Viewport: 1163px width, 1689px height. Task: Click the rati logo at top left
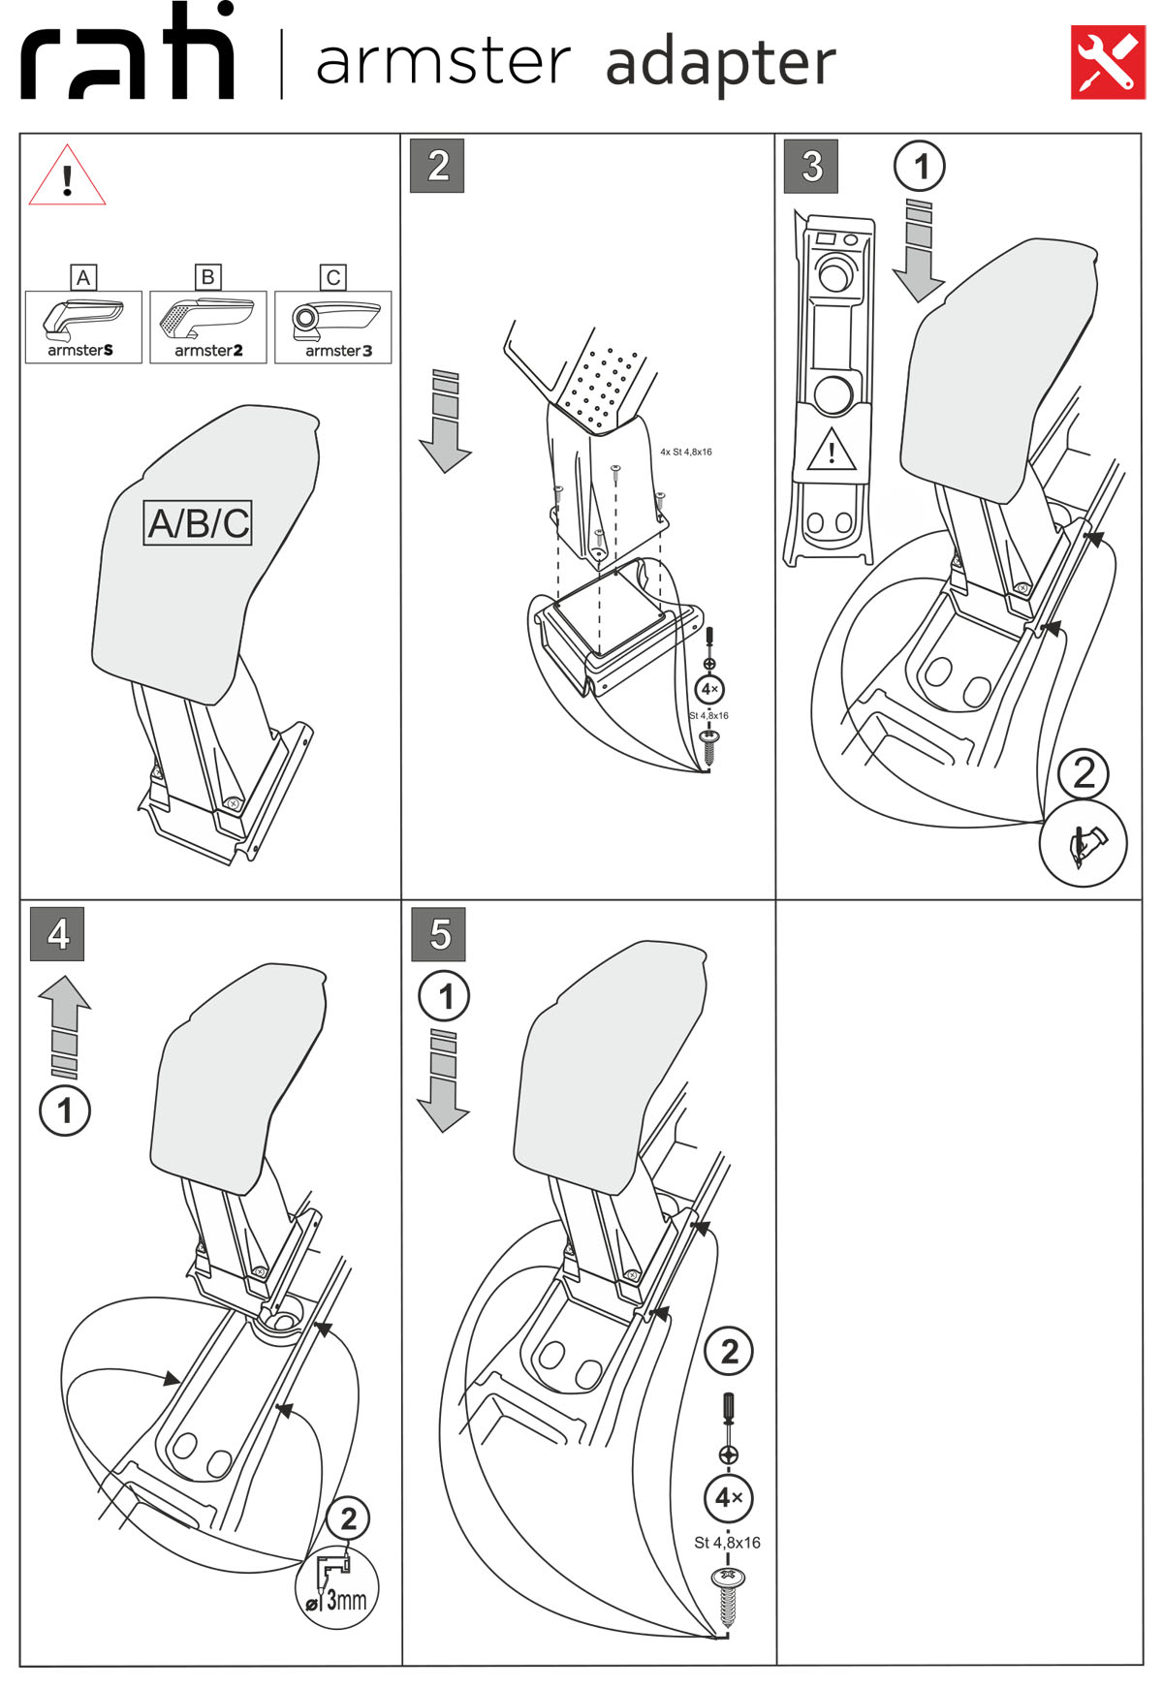click(x=127, y=53)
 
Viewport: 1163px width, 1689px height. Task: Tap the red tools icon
click(x=1107, y=62)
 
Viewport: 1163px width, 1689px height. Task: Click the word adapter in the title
click(x=719, y=64)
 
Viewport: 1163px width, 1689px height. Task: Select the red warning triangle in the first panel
click(x=67, y=178)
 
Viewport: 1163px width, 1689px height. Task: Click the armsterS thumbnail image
click(x=83, y=328)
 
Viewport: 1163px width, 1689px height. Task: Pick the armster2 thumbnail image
click(x=208, y=328)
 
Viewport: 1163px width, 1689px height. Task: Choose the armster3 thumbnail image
click(x=333, y=328)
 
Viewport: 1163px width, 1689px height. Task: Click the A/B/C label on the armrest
click(x=198, y=523)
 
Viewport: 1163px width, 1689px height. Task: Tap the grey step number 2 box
click(x=437, y=166)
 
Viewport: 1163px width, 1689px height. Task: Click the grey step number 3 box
click(x=811, y=166)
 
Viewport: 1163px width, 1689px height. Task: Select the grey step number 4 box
click(x=57, y=934)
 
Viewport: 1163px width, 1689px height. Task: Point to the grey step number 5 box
click(x=438, y=934)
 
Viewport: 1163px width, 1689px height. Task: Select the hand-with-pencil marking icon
click(x=1083, y=843)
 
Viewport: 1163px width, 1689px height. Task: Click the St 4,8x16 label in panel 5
click(x=727, y=1543)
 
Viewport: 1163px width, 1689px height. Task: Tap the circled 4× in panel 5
click(x=729, y=1498)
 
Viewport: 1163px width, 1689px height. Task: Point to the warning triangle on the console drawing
click(x=831, y=451)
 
